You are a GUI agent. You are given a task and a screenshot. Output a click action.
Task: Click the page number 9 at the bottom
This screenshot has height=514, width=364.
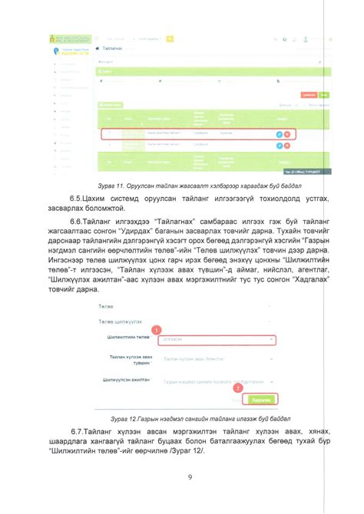[189, 479]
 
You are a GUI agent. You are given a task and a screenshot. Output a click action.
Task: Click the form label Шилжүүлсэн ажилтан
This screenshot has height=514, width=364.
[126, 380]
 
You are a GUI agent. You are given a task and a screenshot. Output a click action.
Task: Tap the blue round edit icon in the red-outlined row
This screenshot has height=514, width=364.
[280, 133]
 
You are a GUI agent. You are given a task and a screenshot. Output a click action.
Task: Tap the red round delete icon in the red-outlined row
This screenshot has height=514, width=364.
[287, 133]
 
